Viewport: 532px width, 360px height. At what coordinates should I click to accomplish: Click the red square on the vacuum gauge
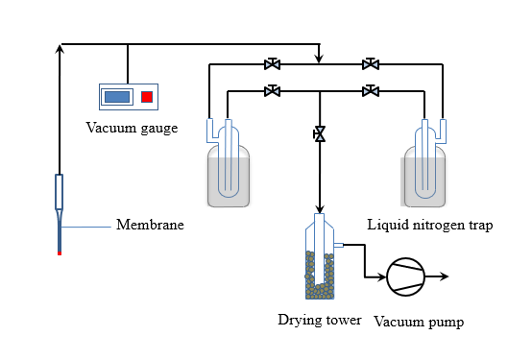pyautogui.click(x=147, y=97)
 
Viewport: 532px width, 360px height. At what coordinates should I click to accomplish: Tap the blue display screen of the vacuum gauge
pyautogui.click(x=117, y=97)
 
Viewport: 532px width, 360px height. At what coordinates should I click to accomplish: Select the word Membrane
pyautogui.click(x=150, y=225)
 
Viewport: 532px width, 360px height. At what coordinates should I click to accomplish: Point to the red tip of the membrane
pyautogui.click(x=60, y=253)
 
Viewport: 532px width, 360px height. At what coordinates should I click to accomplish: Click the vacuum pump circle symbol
pyautogui.click(x=406, y=276)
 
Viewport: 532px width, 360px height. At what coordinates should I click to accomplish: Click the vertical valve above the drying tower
pyautogui.click(x=319, y=134)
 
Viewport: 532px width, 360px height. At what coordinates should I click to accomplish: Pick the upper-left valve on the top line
pyautogui.click(x=272, y=63)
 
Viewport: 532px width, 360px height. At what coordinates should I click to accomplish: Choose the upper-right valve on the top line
pyautogui.click(x=371, y=63)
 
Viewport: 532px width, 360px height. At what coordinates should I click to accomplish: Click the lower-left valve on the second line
pyautogui.click(x=272, y=91)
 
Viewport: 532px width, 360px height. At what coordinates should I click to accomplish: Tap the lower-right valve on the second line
pyautogui.click(x=371, y=91)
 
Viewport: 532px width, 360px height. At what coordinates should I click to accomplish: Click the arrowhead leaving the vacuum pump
pyautogui.click(x=445, y=276)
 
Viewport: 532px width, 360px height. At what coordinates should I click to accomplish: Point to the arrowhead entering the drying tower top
pyautogui.click(x=319, y=209)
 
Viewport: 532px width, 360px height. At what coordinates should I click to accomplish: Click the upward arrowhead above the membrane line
pyautogui.click(x=60, y=49)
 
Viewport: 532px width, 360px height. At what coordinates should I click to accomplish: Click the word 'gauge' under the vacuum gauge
pyautogui.click(x=159, y=129)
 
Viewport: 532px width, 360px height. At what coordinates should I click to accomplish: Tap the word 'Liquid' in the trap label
pyautogui.click(x=388, y=225)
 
